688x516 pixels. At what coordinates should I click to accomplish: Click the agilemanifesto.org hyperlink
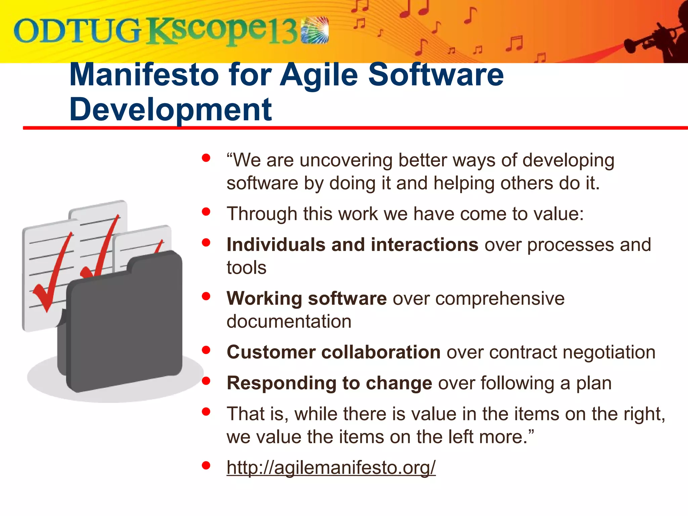pos(331,467)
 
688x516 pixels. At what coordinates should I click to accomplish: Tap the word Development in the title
pos(170,110)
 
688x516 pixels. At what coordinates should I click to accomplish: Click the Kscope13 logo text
pos(222,31)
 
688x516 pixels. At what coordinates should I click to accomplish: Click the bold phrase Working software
pos(306,298)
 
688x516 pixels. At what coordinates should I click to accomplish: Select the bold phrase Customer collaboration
pos(333,352)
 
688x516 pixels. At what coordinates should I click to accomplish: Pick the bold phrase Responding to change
pos(329,383)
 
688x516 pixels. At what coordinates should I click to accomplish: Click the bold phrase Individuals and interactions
pos(352,245)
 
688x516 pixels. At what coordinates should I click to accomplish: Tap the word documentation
pos(289,321)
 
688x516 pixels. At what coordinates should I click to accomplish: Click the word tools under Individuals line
pos(246,268)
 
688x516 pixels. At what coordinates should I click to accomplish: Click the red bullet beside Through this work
pos(206,212)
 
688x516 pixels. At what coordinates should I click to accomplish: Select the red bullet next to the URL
pos(206,465)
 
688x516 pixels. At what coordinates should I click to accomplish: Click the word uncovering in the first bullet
pos(346,160)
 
